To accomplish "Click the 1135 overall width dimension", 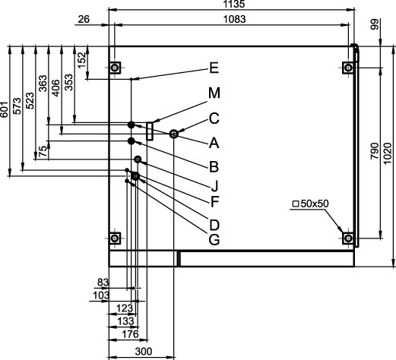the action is pos(234,4).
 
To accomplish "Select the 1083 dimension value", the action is pos(235,20).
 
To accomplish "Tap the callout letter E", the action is pos(214,68).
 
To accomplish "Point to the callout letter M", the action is pos(214,93).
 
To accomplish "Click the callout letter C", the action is pos(214,118).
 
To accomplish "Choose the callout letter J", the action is pos(214,185).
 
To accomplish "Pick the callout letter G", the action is pos(214,239).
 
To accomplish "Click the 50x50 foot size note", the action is pos(311,204).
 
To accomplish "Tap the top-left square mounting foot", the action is pos(115,68).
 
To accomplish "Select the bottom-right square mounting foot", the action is pos(348,238).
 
